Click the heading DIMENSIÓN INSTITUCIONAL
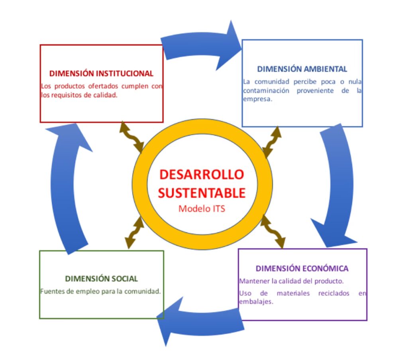pos(101,73)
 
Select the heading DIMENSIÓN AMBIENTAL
pos(302,69)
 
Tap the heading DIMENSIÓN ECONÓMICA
pos(302,268)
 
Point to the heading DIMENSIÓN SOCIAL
pos(102,278)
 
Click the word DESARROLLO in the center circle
pos(202,174)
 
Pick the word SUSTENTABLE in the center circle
pos(202,193)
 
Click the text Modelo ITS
pos(202,209)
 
